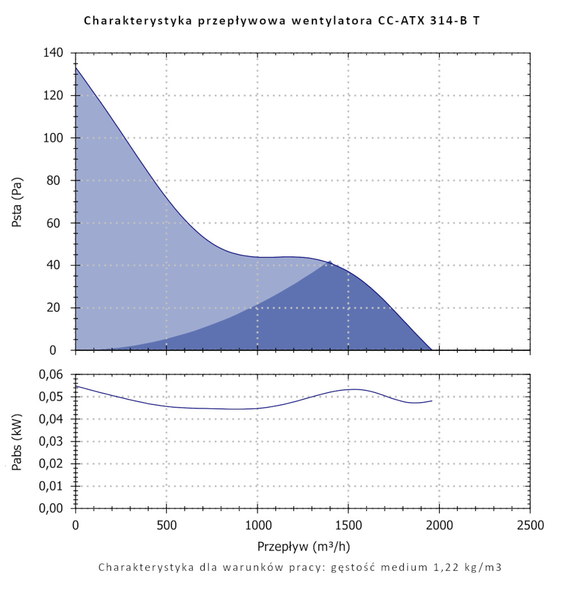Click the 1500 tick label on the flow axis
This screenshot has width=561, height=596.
pyautogui.click(x=348, y=526)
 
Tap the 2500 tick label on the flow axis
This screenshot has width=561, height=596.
pyautogui.click(x=530, y=526)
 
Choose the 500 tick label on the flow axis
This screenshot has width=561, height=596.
pyautogui.click(x=167, y=526)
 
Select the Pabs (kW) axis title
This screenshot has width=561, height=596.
pyautogui.click(x=17, y=441)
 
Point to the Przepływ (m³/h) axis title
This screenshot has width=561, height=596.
pyautogui.click(x=304, y=546)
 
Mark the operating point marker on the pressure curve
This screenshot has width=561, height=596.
pyautogui.click(x=330, y=262)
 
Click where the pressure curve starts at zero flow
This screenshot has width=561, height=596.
pyautogui.click(x=76, y=68)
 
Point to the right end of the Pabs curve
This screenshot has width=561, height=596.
pyautogui.click(x=431, y=401)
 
